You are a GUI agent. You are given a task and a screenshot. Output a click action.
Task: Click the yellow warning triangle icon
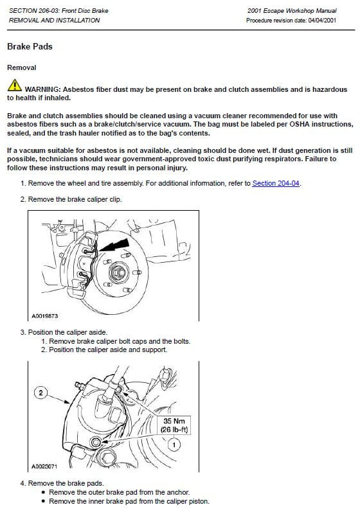(x=14, y=85)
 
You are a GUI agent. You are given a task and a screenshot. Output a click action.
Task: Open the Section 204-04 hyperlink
(x=276, y=183)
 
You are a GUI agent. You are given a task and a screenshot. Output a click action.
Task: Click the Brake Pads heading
(x=30, y=46)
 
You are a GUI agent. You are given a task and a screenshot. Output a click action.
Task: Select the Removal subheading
(x=22, y=67)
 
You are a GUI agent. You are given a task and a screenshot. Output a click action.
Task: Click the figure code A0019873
(x=44, y=316)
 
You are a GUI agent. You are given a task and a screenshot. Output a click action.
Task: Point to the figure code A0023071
(x=44, y=466)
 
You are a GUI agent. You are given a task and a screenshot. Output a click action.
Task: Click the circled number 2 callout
(x=40, y=393)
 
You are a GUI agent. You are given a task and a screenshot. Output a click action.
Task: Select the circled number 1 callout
(x=174, y=445)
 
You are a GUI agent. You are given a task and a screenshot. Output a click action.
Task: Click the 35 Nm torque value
(x=174, y=421)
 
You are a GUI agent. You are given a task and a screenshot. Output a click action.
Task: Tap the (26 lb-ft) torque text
(x=174, y=429)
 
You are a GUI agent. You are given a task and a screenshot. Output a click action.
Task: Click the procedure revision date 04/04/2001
(x=322, y=21)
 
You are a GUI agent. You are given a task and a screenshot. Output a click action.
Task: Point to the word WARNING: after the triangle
(x=43, y=89)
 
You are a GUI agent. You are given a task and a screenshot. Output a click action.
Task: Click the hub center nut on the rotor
(x=118, y=272)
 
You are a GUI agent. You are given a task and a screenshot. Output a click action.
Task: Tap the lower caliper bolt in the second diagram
(x=96, y=442)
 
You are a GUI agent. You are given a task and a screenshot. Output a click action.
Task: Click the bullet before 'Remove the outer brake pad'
(x=44, y=493)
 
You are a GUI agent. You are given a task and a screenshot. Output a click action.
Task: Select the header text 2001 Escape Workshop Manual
(x=292, y=10)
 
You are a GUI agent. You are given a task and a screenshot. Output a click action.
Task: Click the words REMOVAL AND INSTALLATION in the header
(x=55, y=21)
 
